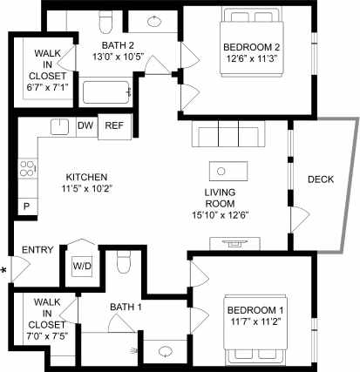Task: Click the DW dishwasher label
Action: [85, 126]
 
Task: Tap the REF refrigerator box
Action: [114, 126]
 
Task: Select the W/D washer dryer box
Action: [82, 265]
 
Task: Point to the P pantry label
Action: [26, 206]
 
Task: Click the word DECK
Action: [321, 179]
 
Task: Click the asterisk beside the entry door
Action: [4, 270]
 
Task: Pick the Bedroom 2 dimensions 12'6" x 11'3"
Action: [248, 58]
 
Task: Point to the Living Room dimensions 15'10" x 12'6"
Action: [227, 215]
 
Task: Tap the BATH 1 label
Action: [126, 307]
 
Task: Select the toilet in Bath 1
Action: [124, 260]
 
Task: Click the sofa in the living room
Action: [226, 136]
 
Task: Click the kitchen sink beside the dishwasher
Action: [59, 127]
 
